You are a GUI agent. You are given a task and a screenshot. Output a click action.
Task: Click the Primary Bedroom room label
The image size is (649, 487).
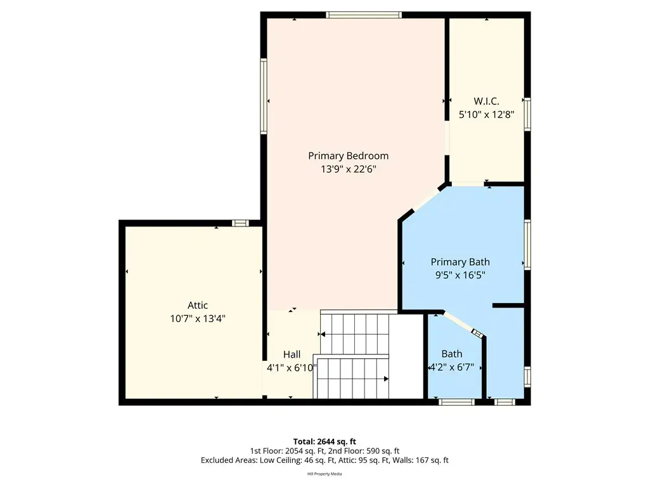[x=348, y=156]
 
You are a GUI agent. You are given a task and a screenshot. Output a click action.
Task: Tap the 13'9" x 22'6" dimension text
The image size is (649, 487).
[x=348, y=169]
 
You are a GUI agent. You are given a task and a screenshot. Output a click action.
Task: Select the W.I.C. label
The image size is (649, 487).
[x=486, y=101]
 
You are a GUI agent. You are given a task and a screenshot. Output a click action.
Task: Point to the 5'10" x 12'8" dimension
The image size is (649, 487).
[x=486, y=114]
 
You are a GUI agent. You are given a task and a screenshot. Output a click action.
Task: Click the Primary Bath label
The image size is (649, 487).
[x=460, y=262]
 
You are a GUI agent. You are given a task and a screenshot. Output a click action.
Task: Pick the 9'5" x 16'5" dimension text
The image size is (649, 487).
[x=460, y=275]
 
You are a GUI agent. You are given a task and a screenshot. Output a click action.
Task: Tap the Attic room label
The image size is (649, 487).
[x=198, y=305]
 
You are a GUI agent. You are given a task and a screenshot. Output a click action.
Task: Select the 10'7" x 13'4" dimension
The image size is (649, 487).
[x=198, y=318]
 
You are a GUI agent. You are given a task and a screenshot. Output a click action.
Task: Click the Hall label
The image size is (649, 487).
[x=292, y=354]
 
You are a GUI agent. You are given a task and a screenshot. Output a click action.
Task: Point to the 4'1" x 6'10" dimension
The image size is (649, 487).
[x=292, y=368]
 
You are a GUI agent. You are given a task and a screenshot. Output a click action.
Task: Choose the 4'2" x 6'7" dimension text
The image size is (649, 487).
[x=451, y=367]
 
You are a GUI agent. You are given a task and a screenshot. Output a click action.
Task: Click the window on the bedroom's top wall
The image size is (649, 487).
[x=363, y=15]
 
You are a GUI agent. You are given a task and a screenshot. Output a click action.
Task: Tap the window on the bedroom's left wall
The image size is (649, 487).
[x=264, y=96]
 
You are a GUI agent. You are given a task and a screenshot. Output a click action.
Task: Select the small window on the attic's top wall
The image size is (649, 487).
[x=240, y=223]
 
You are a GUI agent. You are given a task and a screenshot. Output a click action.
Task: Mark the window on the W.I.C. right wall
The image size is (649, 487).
[x=527, y=114]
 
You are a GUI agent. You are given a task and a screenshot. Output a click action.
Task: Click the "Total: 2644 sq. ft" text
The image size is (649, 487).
[x=324, y=441]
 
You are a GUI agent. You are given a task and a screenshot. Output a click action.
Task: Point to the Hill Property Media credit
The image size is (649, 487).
[x=324, y=474]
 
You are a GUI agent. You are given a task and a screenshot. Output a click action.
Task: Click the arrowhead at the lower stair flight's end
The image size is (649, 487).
[x=386, y=379]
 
